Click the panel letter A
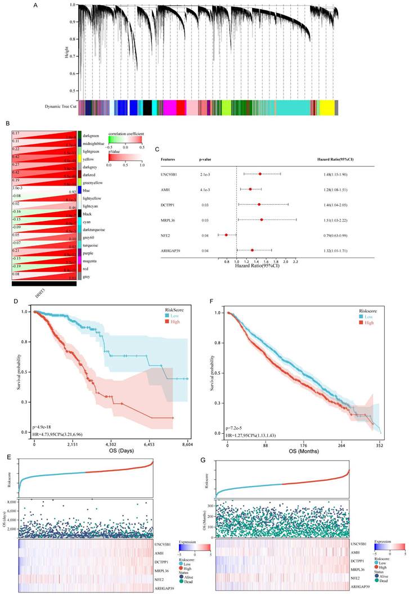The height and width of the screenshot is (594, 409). (35, 6)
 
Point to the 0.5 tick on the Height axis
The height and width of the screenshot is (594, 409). (72, 91)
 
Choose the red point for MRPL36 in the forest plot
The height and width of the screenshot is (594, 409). (262, 220)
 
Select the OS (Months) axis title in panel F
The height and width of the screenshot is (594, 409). (303, 451)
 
